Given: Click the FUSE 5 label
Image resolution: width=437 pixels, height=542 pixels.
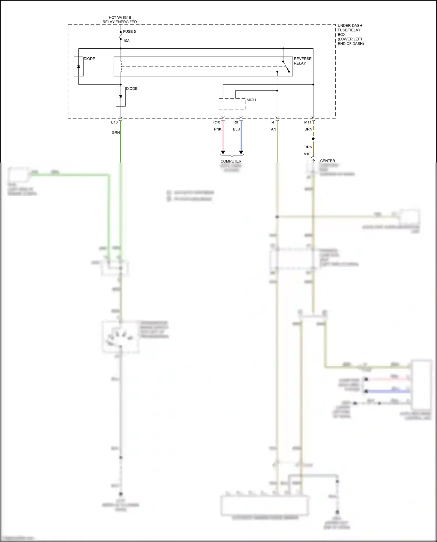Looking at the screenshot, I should (x=129, y=31).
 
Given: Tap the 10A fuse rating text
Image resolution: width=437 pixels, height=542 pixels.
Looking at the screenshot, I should (x=126, y=41).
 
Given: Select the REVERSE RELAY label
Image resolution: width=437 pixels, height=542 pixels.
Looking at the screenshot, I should (x=302, y=61).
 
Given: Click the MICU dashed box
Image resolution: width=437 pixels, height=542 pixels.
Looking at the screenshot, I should (x=232, y=104).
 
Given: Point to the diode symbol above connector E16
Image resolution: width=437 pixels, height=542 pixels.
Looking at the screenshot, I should (x=121, y=97).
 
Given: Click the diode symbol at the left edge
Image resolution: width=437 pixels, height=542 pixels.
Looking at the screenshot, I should (x=78, y=66).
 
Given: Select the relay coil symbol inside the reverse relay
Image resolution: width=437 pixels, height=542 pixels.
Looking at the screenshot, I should (x=121, y=66).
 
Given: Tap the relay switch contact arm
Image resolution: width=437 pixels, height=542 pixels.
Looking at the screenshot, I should (x=286, y=66).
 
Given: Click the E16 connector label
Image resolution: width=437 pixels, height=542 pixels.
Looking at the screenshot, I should (x=114, y=122).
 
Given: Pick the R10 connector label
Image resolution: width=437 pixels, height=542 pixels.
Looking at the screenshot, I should (x=216, y=122).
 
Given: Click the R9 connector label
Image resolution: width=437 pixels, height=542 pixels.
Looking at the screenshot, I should (x=235, y=122).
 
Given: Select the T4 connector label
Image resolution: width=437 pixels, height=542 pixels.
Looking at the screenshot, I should (x=272, y=122).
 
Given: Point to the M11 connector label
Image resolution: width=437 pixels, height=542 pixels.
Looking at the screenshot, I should (x=308, y=122).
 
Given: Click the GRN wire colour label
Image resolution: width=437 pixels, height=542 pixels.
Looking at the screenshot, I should (x=116, y=133).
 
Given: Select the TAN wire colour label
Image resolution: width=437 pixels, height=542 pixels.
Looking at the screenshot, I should (x=272, y=129).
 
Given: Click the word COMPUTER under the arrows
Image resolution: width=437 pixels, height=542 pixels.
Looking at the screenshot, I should (x=231, y=161).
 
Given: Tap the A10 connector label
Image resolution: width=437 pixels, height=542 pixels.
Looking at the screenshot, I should (x=307, y=154).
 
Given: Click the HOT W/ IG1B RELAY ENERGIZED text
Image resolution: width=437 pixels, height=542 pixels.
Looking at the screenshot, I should (x=120, y=20).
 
